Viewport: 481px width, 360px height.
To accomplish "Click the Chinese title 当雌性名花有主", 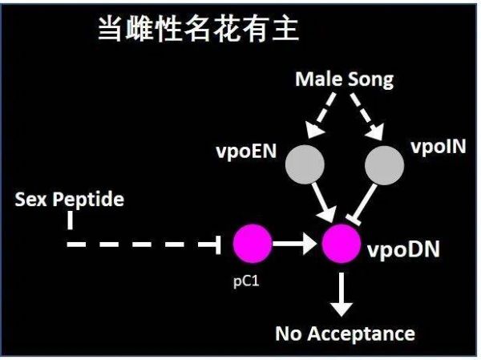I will (197, 30).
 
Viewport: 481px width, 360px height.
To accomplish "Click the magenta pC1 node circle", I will (253, 244).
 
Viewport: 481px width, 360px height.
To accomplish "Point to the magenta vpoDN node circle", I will (342, 244).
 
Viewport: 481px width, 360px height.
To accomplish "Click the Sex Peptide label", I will (70, 199).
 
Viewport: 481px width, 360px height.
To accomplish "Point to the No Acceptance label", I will (346, 333).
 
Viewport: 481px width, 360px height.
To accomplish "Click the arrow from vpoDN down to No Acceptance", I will (342, 292).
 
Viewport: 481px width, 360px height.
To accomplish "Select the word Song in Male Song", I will (369, 79).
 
